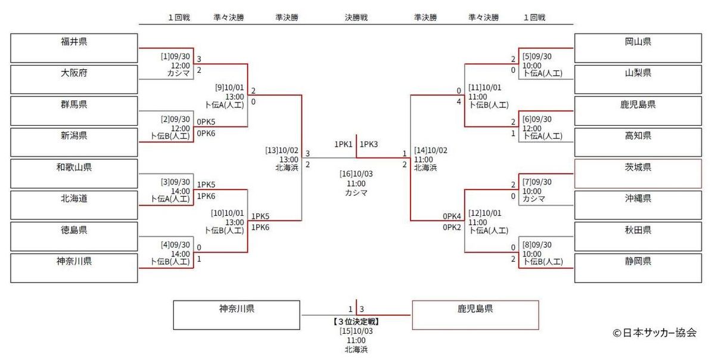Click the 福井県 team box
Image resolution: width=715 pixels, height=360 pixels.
click(74, 48)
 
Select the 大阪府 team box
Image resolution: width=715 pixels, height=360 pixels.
click(74, 79)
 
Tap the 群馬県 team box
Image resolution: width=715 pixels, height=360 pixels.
click(74, 111)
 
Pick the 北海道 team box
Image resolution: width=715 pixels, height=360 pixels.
click(74, 205)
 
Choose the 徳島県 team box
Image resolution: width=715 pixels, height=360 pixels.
click(74, 237)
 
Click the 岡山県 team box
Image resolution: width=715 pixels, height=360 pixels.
click(638, 48)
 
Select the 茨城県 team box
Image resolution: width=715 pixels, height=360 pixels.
click(638, 173)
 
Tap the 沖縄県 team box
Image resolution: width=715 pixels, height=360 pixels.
click(638, 205)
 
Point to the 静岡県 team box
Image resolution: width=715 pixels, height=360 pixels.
click(638, 268)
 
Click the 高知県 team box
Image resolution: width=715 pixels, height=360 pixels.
click(638, 142)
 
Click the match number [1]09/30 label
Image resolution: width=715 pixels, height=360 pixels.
click(175, 57)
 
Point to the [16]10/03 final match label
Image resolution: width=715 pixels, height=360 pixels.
click(356, 173)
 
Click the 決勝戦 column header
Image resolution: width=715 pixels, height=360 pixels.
click(356, 18)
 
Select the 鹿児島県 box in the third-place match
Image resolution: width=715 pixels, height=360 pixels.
click(475, 315)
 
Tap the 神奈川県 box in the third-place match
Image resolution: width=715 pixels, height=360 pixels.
click(237, 315)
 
